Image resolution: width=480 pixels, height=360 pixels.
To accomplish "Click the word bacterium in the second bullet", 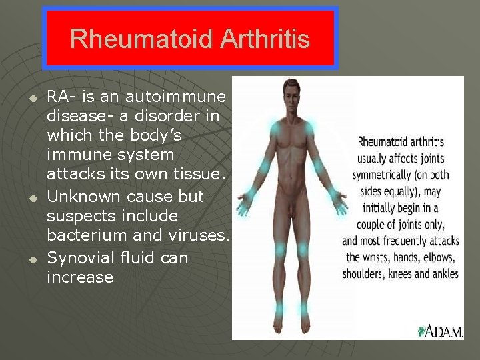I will coord(87,235).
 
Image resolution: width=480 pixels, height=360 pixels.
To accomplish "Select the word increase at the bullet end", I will coord(80,277).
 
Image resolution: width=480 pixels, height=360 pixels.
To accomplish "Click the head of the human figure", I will coord(291,93).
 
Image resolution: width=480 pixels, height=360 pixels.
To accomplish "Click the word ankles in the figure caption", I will coord(445,273).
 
